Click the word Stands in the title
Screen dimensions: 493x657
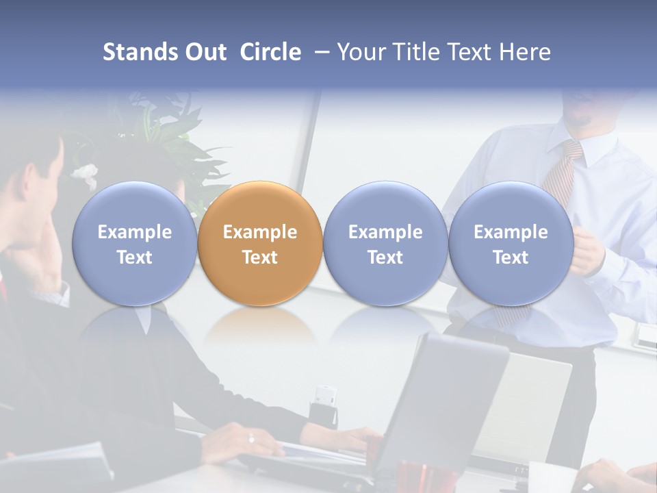(136, 52)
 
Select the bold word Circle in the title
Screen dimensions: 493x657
(270, 52)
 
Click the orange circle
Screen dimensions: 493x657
(260, 243)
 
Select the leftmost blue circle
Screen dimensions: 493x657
(134, 243)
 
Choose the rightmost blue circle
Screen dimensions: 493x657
(511, 243)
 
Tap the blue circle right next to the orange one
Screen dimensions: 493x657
(385, 243)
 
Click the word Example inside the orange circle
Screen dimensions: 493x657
(260, 232)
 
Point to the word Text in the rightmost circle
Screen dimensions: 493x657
(511, 257)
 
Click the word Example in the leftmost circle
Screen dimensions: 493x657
(134, 232)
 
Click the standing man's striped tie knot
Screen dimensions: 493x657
(572, 149)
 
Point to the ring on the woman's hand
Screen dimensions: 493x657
(250, 438)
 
